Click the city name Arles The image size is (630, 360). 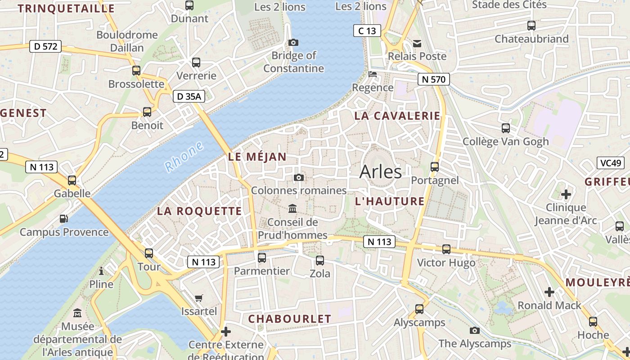(381, 171)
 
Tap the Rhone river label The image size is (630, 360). (184, 157)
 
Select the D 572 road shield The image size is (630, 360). (45, 46)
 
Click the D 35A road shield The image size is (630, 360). (189, 96)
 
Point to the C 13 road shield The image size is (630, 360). (367, 31)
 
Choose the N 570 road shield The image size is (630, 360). (434, 80)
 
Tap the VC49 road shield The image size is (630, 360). (611, 163)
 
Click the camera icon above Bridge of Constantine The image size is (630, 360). (293, 42)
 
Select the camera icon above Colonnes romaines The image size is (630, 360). (298, 177)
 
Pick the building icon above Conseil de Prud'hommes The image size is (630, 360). (292, 209)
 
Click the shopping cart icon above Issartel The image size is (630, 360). (198, 298)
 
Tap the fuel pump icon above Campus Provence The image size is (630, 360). (64, 219)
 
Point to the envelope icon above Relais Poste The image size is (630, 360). (417, 43)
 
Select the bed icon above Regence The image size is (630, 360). (373, 74)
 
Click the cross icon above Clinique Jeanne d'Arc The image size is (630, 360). (566, 194)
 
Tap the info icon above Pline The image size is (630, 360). (101, 271)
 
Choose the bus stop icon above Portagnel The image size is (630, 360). (435, 167)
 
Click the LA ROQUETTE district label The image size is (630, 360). (199, 211)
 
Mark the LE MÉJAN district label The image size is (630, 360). (257, 157)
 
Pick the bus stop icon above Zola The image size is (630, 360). (320, 260)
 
